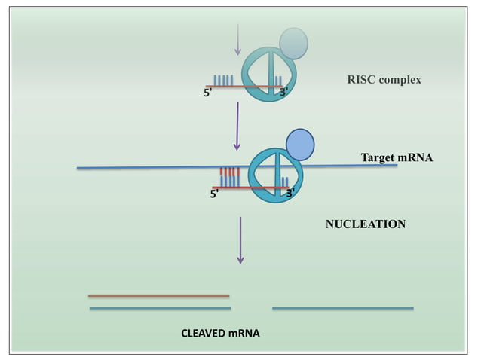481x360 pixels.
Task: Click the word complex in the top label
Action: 400,80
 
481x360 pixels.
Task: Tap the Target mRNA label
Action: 397,157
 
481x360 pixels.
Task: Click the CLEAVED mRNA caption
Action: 220,332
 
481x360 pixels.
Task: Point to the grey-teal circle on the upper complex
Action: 294,43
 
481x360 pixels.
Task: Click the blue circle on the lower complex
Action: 300,144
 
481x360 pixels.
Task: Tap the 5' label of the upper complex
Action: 208,93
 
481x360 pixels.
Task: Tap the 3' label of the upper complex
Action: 283,93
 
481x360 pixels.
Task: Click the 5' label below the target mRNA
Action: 215,194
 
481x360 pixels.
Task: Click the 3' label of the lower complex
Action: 290,193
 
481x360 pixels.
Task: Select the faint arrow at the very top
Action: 237,39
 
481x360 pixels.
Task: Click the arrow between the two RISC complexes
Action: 237,126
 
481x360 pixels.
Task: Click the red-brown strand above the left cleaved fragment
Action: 158,296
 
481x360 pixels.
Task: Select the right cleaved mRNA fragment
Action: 342,308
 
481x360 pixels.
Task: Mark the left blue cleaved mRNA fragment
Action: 160,308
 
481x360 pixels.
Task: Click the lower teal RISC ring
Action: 275,175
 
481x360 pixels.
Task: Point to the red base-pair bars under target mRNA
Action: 229,172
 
